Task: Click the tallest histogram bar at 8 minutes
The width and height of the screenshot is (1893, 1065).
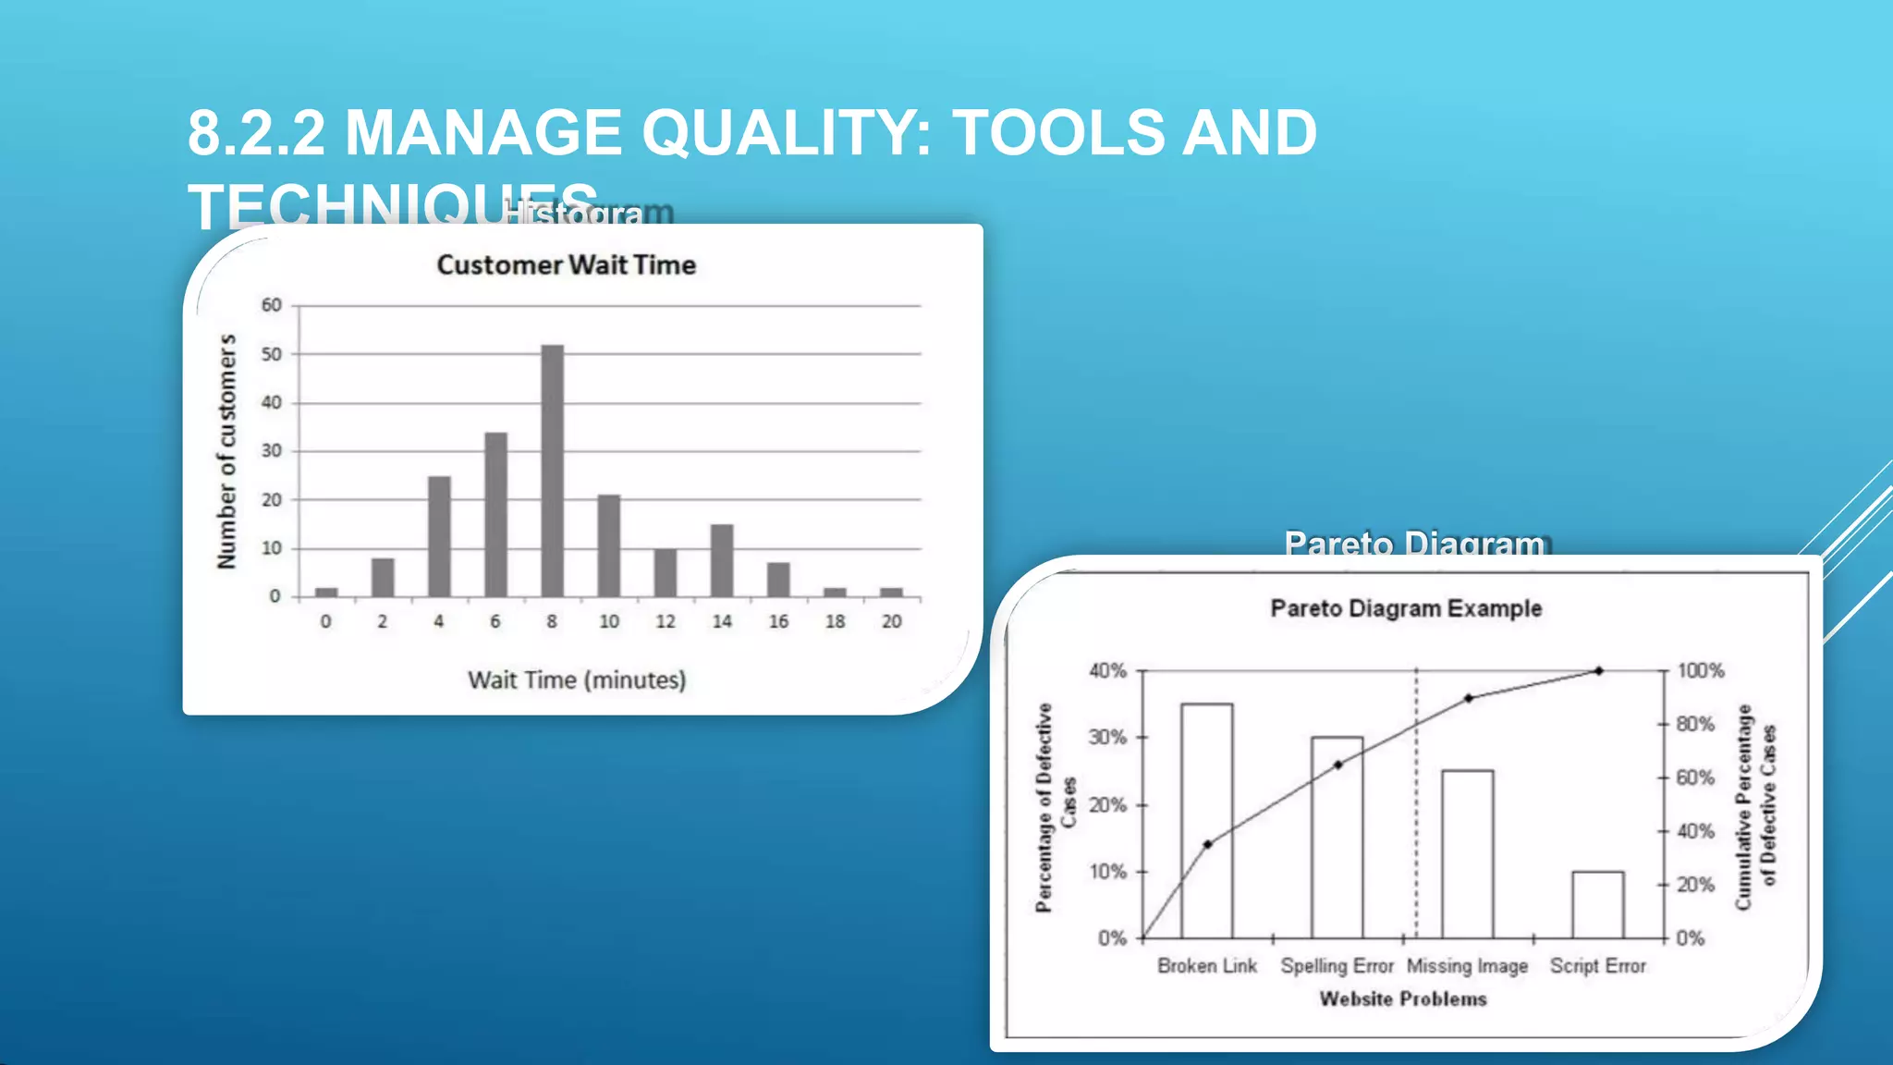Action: tap(552, 471)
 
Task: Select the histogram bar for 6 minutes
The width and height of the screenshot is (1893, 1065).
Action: tap(495, 515)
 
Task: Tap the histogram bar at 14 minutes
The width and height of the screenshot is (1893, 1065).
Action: tap(722, 560)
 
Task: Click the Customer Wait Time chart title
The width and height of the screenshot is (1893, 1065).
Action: tap(566, 265)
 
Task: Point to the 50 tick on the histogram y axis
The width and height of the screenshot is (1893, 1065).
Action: tap(271, 354)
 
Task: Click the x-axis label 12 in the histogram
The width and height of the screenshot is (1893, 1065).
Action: tap(666, 621)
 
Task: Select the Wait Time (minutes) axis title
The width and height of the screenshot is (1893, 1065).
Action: tap(577, 680)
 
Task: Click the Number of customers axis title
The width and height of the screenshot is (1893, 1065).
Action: tap(226, 451)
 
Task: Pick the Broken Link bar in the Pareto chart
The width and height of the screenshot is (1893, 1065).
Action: tap(1206, 821)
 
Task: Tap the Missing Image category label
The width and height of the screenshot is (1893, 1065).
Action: tap(1467, 966)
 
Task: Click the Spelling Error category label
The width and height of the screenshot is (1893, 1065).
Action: tap(1337, 966)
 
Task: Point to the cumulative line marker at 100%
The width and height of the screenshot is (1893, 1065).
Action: tap(1598, 671)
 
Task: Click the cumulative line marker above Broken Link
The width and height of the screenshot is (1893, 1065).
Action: tap(1207, 844)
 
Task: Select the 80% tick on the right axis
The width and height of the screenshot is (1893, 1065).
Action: tap(1695, 724)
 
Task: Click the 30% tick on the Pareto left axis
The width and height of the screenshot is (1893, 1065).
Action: tap(1107, 738)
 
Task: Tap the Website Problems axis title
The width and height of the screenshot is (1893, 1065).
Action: tap(1402, 999)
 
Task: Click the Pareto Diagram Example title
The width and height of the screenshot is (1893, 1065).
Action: tap(1406, 608)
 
